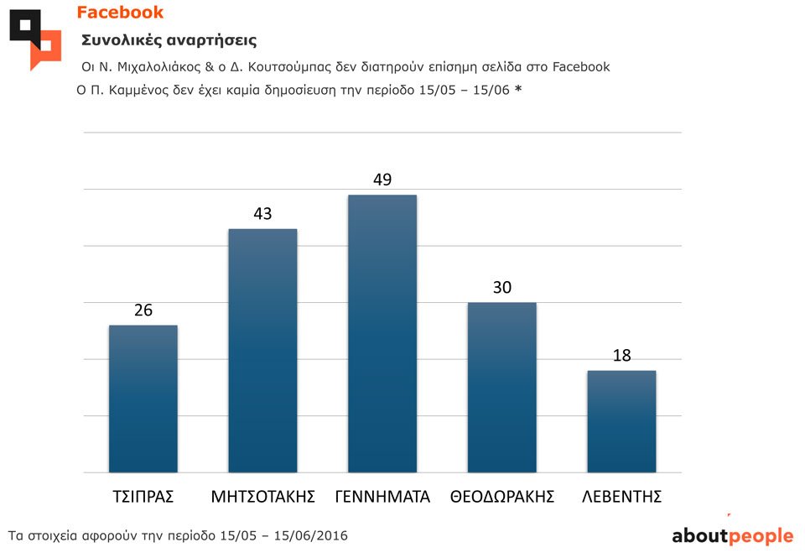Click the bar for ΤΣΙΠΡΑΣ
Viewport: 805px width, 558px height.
[x=143, y=399]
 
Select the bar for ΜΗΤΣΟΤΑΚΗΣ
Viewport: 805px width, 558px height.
[x=262, y=351]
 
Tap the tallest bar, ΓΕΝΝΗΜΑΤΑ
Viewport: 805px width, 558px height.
[x=382, y=334]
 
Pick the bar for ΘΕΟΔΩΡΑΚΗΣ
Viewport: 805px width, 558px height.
[x=501, y=388]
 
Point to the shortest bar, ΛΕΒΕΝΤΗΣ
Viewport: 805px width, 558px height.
[x=621, y=421]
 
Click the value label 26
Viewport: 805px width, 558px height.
[x=143, y=310]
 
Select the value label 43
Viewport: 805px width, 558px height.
[x=262, y=214]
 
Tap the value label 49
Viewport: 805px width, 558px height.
[x=382, y=180]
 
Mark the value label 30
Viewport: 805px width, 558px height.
[x=501, y=288]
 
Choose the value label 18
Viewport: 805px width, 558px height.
[x=621, y=356]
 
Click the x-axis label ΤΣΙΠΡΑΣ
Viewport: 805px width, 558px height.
[x=143, y=497]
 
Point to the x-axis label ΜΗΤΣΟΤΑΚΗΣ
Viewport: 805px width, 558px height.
[x=262, y=497]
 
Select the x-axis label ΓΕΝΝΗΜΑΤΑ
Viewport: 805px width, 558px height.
[x=382, y=497]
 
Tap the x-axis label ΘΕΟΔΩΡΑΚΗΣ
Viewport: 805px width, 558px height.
[x=502, y=497]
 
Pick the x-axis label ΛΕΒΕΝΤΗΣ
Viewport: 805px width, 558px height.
[x=622, y=497]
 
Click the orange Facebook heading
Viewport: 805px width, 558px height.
[x=120, y=13]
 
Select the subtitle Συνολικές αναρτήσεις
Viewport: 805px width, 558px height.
[x=169, y=40]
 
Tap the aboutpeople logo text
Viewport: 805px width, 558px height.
[x=732, y=536]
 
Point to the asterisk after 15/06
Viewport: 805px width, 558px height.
[x=518, y=90]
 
